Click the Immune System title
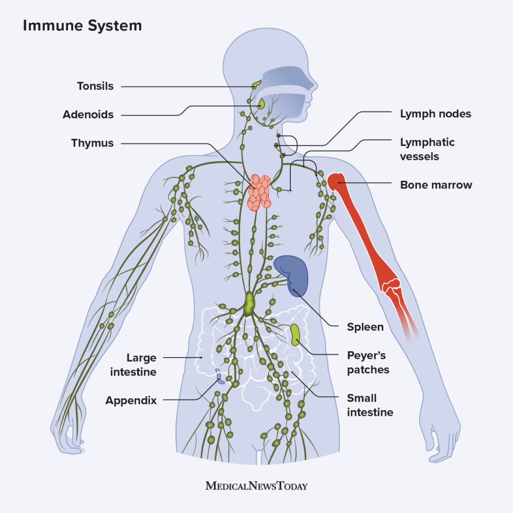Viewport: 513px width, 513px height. click(82, 26)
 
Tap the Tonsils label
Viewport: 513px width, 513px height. click(95, 86)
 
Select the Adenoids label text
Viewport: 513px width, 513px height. click(88, 115)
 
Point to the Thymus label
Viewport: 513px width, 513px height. click(92, 143)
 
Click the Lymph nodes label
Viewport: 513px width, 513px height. click(435, 114)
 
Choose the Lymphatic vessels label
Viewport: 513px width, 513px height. click(427, 149)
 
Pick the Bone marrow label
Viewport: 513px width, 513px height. click(436, 185)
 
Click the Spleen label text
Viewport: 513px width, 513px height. click(365, 328)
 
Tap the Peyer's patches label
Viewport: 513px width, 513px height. click(368, 363)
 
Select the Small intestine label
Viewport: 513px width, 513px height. click(370, 405)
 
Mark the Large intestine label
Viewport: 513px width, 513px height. click(141, 365)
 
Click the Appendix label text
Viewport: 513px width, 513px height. click(131, 401)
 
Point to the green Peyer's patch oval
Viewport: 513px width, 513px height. click(296, 334)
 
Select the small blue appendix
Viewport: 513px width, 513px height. click(218, 376)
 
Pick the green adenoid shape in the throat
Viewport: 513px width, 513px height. click(261, 104)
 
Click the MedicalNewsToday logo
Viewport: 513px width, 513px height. click(256, 486)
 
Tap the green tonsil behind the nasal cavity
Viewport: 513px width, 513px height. click(256, 85)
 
